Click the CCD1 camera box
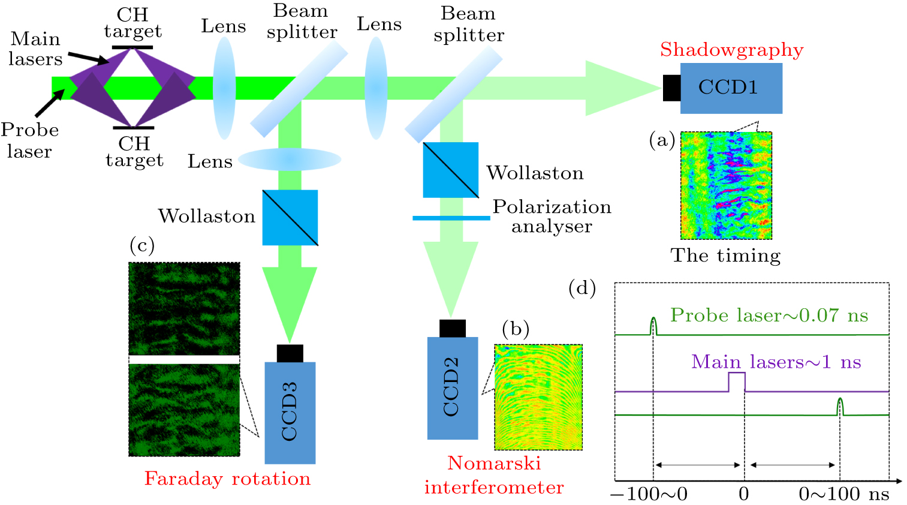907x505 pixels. [731, 88]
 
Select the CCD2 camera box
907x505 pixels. [452, 388]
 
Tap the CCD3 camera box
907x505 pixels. [290, 413]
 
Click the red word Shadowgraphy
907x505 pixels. [731, 50]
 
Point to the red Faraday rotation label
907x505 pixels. [227, 479]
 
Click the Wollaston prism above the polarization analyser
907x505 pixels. [450, 170]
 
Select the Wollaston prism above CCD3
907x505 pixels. [290, 218]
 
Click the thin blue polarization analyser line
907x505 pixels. [451, 218]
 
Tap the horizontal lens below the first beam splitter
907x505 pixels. [290, 160]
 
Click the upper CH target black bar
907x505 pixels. [132, 47]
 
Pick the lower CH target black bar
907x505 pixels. [133, 127]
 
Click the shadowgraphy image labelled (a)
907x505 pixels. [726, 185]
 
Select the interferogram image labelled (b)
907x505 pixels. [538, 397]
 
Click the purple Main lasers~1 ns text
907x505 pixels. [776, 362]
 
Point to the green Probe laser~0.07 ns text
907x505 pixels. [769, 315]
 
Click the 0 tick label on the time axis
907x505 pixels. [743, 494]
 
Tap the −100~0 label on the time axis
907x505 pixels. [649, 494]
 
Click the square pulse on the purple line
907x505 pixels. [737, 381]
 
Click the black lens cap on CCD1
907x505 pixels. [671, 88]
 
